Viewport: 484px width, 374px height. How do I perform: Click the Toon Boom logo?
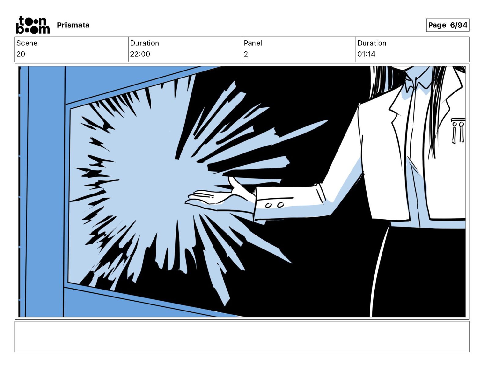(x=33, y=25)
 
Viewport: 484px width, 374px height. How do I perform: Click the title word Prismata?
(x=73, y=25)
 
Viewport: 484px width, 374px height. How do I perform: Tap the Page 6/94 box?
(x=447, y=25)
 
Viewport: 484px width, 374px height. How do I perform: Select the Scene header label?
(x=27, y=43)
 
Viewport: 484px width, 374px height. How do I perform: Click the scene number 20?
(x=21, y=54)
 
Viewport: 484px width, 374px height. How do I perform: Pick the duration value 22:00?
(x=140, y=54)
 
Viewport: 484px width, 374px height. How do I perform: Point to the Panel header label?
(x=253, y=43)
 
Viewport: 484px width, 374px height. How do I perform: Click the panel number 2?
(x=246, y=54)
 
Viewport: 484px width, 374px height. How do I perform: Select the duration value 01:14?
(x=366, y=54)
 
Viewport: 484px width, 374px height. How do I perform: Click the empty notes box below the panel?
(x=242, y=337)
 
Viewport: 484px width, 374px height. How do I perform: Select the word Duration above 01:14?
(x=372, y=43)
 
